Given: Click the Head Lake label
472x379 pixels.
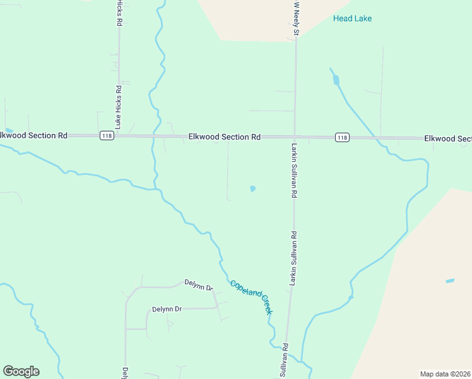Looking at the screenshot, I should coord(352,18).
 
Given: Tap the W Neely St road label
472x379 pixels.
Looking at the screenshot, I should coord(296,18).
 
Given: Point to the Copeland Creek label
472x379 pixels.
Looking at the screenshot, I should coord(251,297).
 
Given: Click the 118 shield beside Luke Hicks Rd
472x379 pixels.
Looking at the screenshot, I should coord(106,136).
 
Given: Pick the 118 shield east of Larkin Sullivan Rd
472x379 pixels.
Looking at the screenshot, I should coord(341,137).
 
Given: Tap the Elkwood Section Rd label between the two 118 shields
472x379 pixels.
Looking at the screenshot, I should coord(225,136).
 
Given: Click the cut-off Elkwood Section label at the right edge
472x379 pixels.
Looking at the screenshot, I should coord(447,138).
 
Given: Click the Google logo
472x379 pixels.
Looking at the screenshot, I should coord(21,371).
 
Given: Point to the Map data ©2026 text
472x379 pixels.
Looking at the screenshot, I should coord(445,374).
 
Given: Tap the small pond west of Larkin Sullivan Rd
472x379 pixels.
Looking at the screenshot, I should coord(253,188).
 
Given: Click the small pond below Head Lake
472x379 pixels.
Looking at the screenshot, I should coord(336,80).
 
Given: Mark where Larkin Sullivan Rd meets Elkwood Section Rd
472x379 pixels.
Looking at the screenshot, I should coord(295,136).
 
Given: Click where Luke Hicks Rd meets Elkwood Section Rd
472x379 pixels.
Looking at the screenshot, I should coord(119,136).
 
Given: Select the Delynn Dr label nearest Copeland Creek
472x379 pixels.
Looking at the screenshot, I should coord(199,286).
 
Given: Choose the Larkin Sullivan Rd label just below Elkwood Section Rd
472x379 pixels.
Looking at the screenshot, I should coord(294,171).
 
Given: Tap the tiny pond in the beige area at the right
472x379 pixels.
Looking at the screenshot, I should coord(450,280).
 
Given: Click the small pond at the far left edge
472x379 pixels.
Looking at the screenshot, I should coord(8,131).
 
